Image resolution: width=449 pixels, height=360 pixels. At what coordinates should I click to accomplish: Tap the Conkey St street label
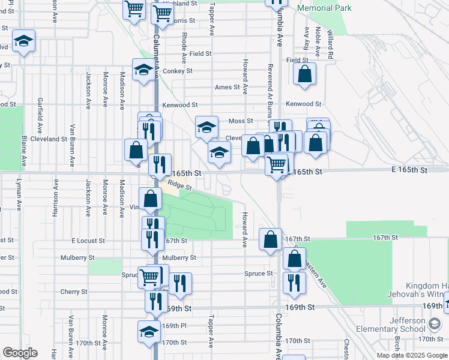point(177,71)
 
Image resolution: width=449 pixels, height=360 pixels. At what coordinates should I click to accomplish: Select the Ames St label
point(227,87)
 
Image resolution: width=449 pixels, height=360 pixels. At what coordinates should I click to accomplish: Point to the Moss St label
point(241,121)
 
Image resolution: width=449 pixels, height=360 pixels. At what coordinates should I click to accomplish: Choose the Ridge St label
point(179,186)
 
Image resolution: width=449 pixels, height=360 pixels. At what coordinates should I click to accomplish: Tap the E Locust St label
point(88,241)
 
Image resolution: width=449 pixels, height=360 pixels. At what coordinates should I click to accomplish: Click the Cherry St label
point(74,292)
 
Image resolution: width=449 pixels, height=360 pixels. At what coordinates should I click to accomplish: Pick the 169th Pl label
point(175,326)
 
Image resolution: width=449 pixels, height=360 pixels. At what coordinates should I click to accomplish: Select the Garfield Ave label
point(40,115)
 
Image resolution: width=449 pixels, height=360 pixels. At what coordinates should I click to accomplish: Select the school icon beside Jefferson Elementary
point(433,324)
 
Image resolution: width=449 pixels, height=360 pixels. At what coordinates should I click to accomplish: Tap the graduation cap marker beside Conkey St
point(143,71)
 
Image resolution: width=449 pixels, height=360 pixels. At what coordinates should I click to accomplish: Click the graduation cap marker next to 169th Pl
point(149,332)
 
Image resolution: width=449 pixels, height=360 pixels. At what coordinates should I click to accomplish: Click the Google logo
point(20,353)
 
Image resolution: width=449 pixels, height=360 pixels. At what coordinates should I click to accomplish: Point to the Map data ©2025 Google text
point(411,355)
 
